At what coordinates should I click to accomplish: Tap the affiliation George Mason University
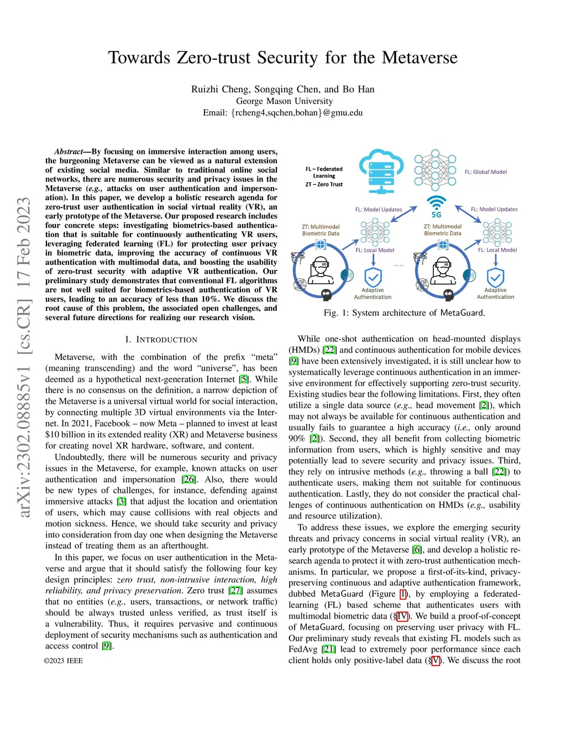click(284, 101)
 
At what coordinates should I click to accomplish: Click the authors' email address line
click(282, 112)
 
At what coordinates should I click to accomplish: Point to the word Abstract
click(68, 152)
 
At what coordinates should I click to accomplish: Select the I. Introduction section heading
click(161, 339)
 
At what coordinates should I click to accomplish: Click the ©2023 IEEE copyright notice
click(64, 661)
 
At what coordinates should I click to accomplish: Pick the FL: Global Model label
click(485, 172)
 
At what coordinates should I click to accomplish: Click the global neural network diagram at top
click(435, 169)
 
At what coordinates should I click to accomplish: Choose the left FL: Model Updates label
click(379, 210)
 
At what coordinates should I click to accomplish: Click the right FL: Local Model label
click(497, 250)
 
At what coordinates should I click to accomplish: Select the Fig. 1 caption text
click(404, 313)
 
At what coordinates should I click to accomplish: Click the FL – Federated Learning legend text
click(324, 172)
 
